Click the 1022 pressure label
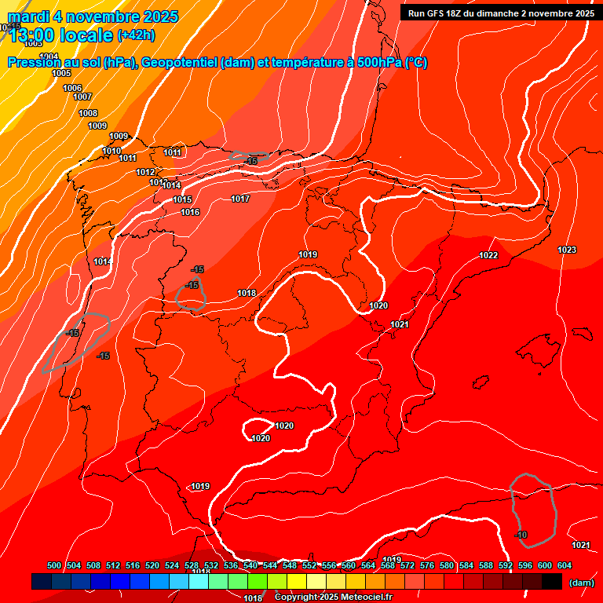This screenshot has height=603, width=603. (488, 255)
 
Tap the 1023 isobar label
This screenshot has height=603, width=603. (567, 250)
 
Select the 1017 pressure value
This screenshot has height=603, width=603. (240, 199)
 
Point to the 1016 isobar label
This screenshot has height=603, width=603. (190, 212)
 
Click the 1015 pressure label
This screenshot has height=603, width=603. (182, 199)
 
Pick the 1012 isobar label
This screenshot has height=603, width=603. (145, 172)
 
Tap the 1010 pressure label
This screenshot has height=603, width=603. (111, 151)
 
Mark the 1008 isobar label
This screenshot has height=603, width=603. (88, 113)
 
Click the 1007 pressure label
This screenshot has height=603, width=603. (82, 97)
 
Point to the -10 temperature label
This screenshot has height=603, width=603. (521, 535)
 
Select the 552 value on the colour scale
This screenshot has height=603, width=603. (309, 565)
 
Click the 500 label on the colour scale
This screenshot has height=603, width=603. (54, 565)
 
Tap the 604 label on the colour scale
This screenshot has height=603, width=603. (565, 565)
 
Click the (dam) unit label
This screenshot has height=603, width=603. (581, 582)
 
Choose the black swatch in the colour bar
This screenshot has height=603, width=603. (552, 581)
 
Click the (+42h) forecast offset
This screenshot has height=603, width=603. (136, 35)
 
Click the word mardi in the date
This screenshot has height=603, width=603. (28, 16)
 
